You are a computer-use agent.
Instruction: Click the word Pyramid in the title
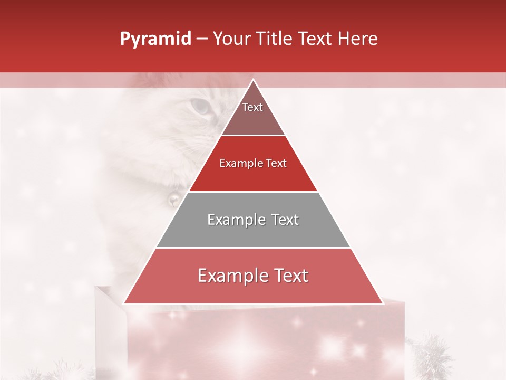click(155, 39)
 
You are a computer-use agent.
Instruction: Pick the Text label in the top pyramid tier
click(252, 107)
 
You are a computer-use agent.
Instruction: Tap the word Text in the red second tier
click(276, 163)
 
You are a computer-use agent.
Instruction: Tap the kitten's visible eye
click(200, 107)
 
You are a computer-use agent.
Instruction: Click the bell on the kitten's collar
click(172, 198)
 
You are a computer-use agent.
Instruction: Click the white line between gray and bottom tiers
click(254, 248)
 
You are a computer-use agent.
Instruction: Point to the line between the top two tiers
click(254, 136)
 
